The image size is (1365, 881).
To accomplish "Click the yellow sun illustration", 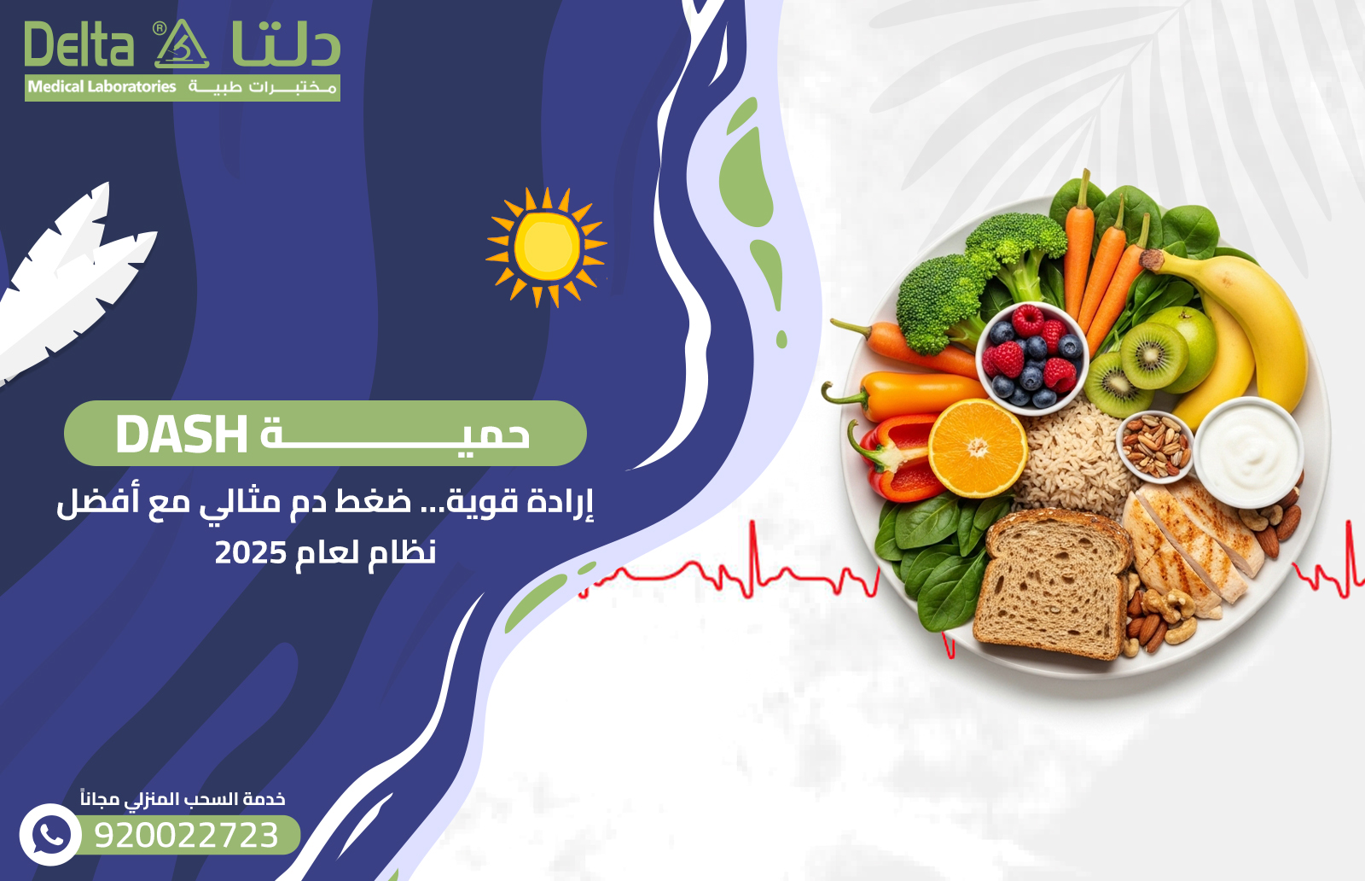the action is [x=546, y=247].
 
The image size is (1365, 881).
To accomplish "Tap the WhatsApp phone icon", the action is [x=50, y=835].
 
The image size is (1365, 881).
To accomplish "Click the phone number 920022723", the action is [x=187, y=835].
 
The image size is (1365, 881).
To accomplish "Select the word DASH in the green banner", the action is [x=181, y=435].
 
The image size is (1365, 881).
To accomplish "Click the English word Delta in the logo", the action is [x=78, y=44].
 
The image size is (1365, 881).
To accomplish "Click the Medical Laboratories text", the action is [x=102, y=86].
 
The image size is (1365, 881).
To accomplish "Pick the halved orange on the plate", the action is [x=978, y=448].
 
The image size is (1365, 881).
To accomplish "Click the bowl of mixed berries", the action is [x=1031, y=358].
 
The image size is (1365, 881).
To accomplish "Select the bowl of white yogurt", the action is [x=1247, y=452].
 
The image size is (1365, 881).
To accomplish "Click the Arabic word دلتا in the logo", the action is [x=286, y=44].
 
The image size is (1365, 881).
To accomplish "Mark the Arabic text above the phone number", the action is [x=183, y=799].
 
